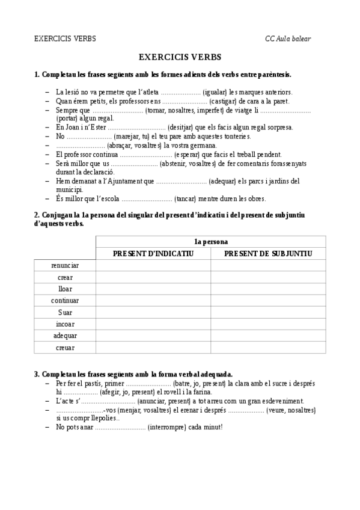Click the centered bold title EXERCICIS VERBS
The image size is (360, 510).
click(x=180, y=57)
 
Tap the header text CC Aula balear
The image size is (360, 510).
click(x=288, y=39)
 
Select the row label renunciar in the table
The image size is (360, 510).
click(x=65, y=265)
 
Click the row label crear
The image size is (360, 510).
click(x=65, y=277)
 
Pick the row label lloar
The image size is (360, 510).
click(x=65, y=289)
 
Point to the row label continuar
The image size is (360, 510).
click(x=65, y=300)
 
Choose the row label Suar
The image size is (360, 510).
click(x=65, y=312)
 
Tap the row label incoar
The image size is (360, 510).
click(x=65, y=324)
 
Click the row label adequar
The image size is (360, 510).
click(x=65, y=336)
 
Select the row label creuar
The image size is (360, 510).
click(x=65, y=347)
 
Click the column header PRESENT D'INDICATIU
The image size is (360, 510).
click(x=153, y=254)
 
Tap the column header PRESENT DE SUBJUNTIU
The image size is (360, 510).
click(x=268, y=254)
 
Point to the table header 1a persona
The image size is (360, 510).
click(x=210, y=242)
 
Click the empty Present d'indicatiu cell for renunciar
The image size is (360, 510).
click(x=153, y=265)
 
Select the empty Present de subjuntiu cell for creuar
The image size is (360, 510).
click(x=268, y=347)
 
